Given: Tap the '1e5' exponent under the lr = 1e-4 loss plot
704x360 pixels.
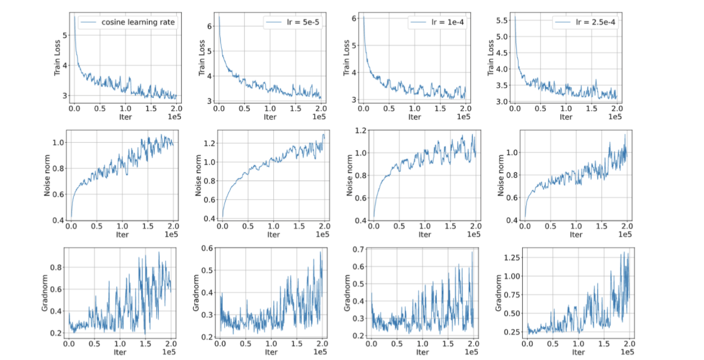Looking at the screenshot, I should pyautogui.click(x=463, y=117).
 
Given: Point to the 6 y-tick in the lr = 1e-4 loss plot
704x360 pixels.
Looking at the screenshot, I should pyautogui.click(x=355, y=19).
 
